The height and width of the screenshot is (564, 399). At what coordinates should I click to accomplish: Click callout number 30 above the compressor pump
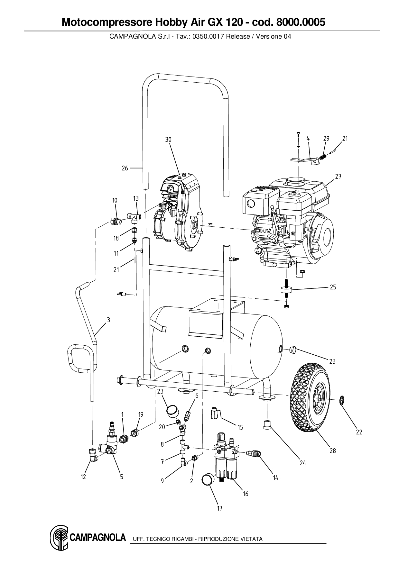coord(168,140)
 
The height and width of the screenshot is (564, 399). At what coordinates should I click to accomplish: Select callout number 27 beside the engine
coord(338,177)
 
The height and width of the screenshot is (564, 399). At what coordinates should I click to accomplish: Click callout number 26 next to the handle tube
coord(125,168)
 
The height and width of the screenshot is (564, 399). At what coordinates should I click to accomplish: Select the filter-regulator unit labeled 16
coord(227,457)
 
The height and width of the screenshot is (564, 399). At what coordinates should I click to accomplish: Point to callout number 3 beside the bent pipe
coord(108,320)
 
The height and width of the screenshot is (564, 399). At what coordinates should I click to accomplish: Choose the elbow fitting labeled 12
coord(93,455)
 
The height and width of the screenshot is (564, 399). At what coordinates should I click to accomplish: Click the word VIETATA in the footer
coord(251,539)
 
